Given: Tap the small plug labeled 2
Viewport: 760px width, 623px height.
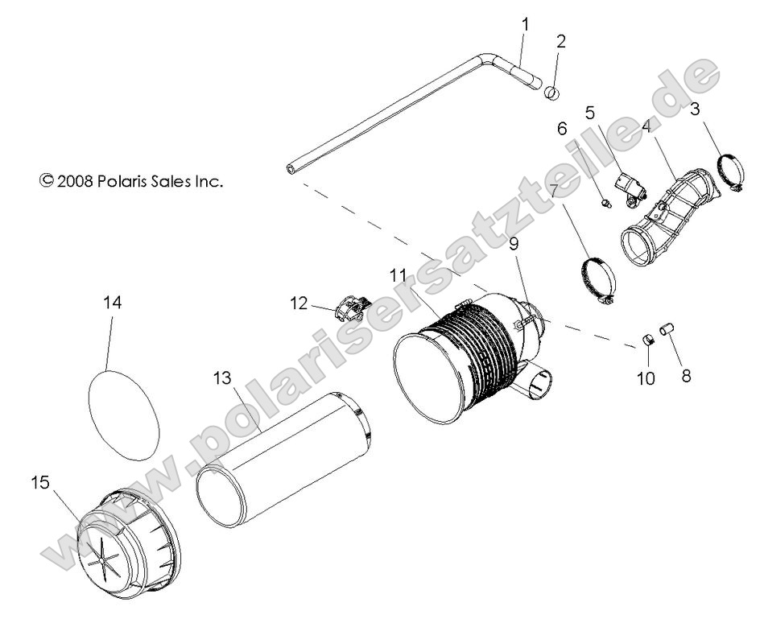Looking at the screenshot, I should pos(552,93).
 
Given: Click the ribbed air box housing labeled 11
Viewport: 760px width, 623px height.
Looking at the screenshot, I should pos(475,354).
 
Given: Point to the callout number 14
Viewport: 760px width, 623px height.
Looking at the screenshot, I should pos(114,303).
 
